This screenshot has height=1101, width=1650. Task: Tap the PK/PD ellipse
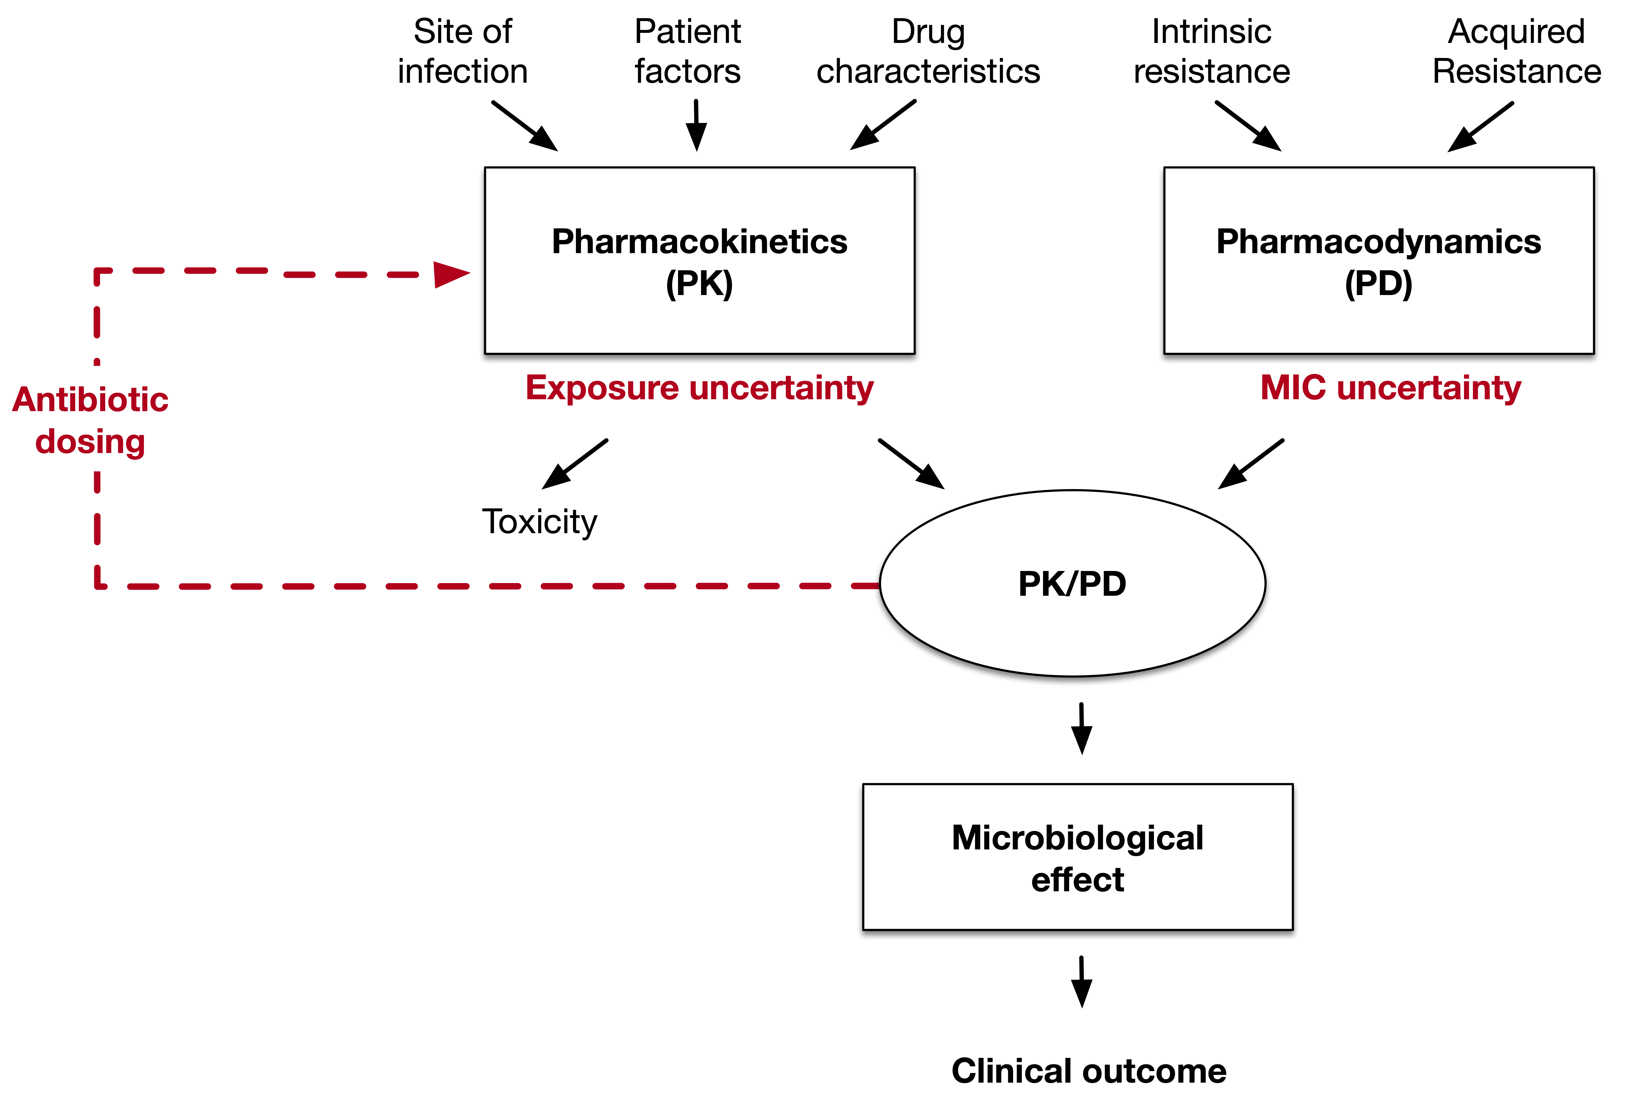(x=1073, y=584)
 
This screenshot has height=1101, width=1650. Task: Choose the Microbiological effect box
(x=1077, y=857)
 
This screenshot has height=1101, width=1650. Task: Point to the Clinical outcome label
(x=1089, y=1071)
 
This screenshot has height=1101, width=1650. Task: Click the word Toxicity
(x=539, y=522)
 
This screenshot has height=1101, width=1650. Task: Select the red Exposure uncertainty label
(x=700, y=388)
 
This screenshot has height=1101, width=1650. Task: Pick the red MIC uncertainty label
(x=1390, y=388)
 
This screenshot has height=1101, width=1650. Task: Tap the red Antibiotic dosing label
(x=90, y=420)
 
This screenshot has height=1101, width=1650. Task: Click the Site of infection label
(x=462, y=51)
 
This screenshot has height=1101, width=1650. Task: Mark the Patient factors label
(x=688, y=51)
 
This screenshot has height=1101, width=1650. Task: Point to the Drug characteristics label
(x=928, y=51)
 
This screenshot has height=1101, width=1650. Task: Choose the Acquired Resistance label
(x=1517, y=51)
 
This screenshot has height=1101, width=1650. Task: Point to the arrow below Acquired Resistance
(x=1481, y=126)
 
